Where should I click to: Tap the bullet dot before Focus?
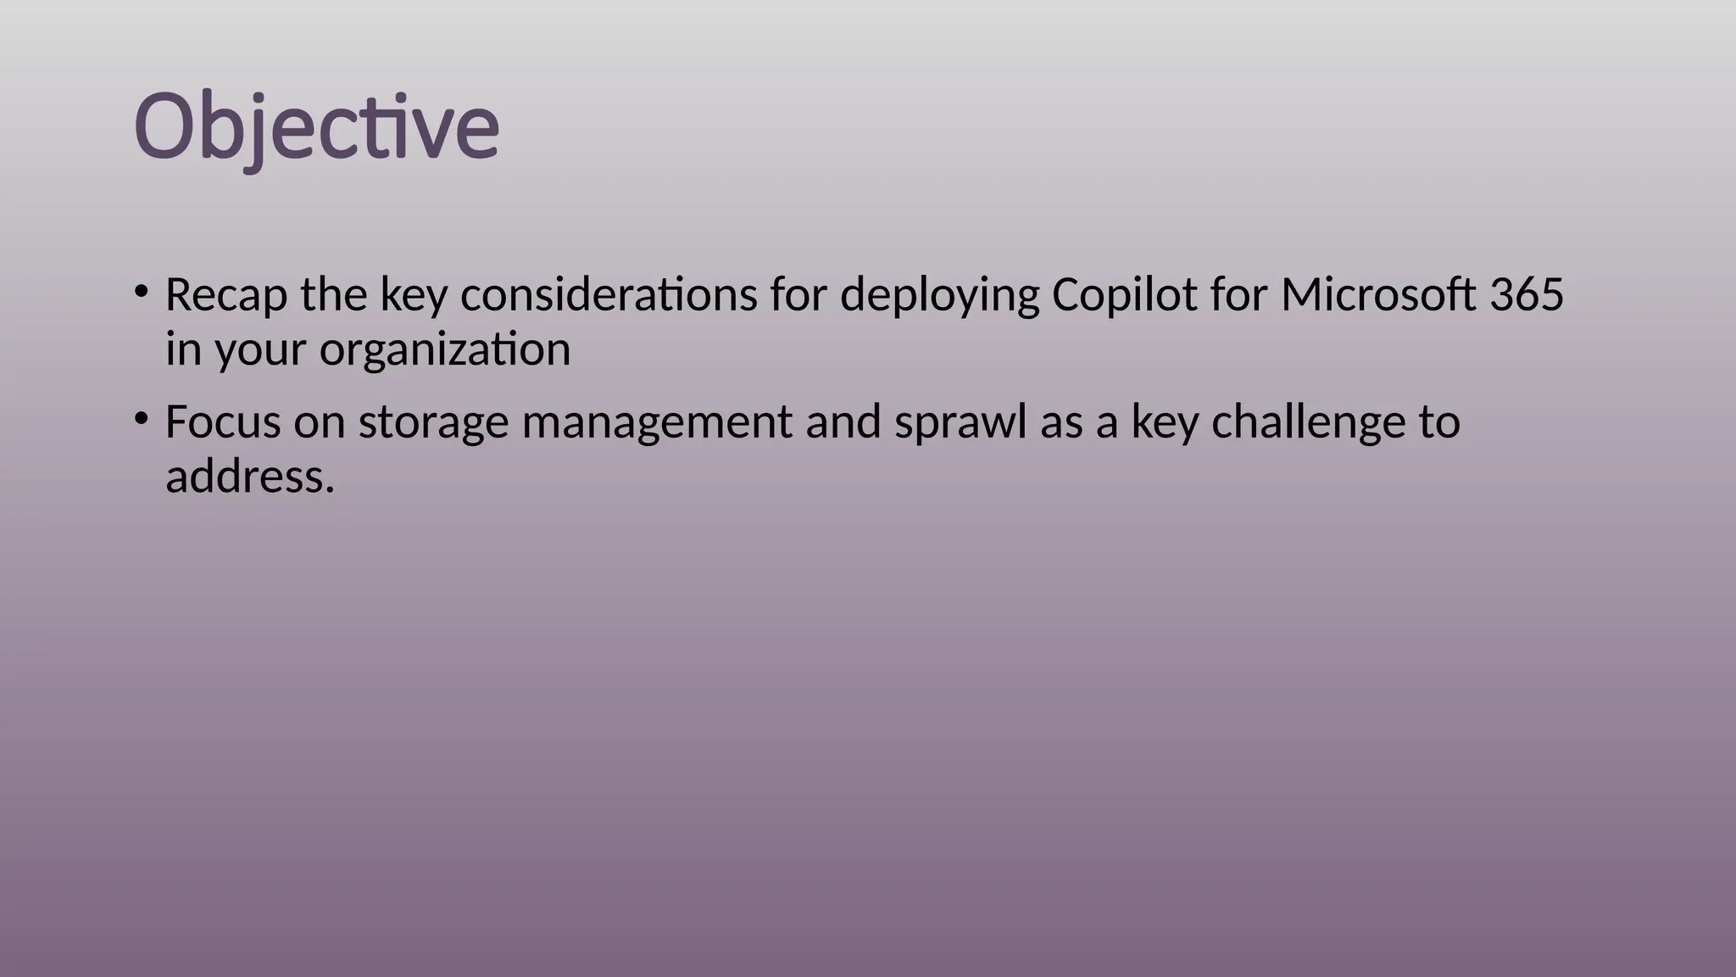(142, 419)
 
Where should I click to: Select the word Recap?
(225, 296)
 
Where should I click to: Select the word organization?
(445, 350)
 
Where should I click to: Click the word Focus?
(222, 422)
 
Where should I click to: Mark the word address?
(250, 477)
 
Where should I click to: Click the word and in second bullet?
(843, 422)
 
